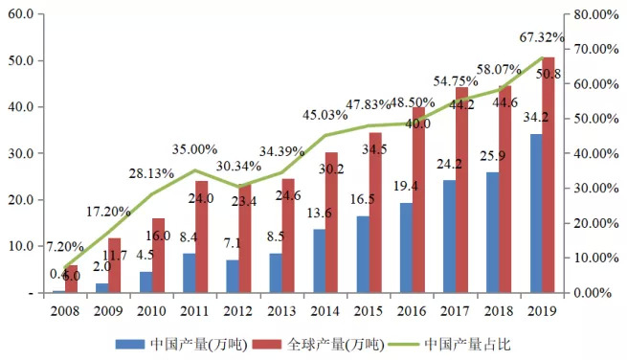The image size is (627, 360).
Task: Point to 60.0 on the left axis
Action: point(21,15)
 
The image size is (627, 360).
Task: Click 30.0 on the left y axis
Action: point(21,154)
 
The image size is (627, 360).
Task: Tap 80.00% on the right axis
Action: point(592,15)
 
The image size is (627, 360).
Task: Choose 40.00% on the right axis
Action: point(592,154)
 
